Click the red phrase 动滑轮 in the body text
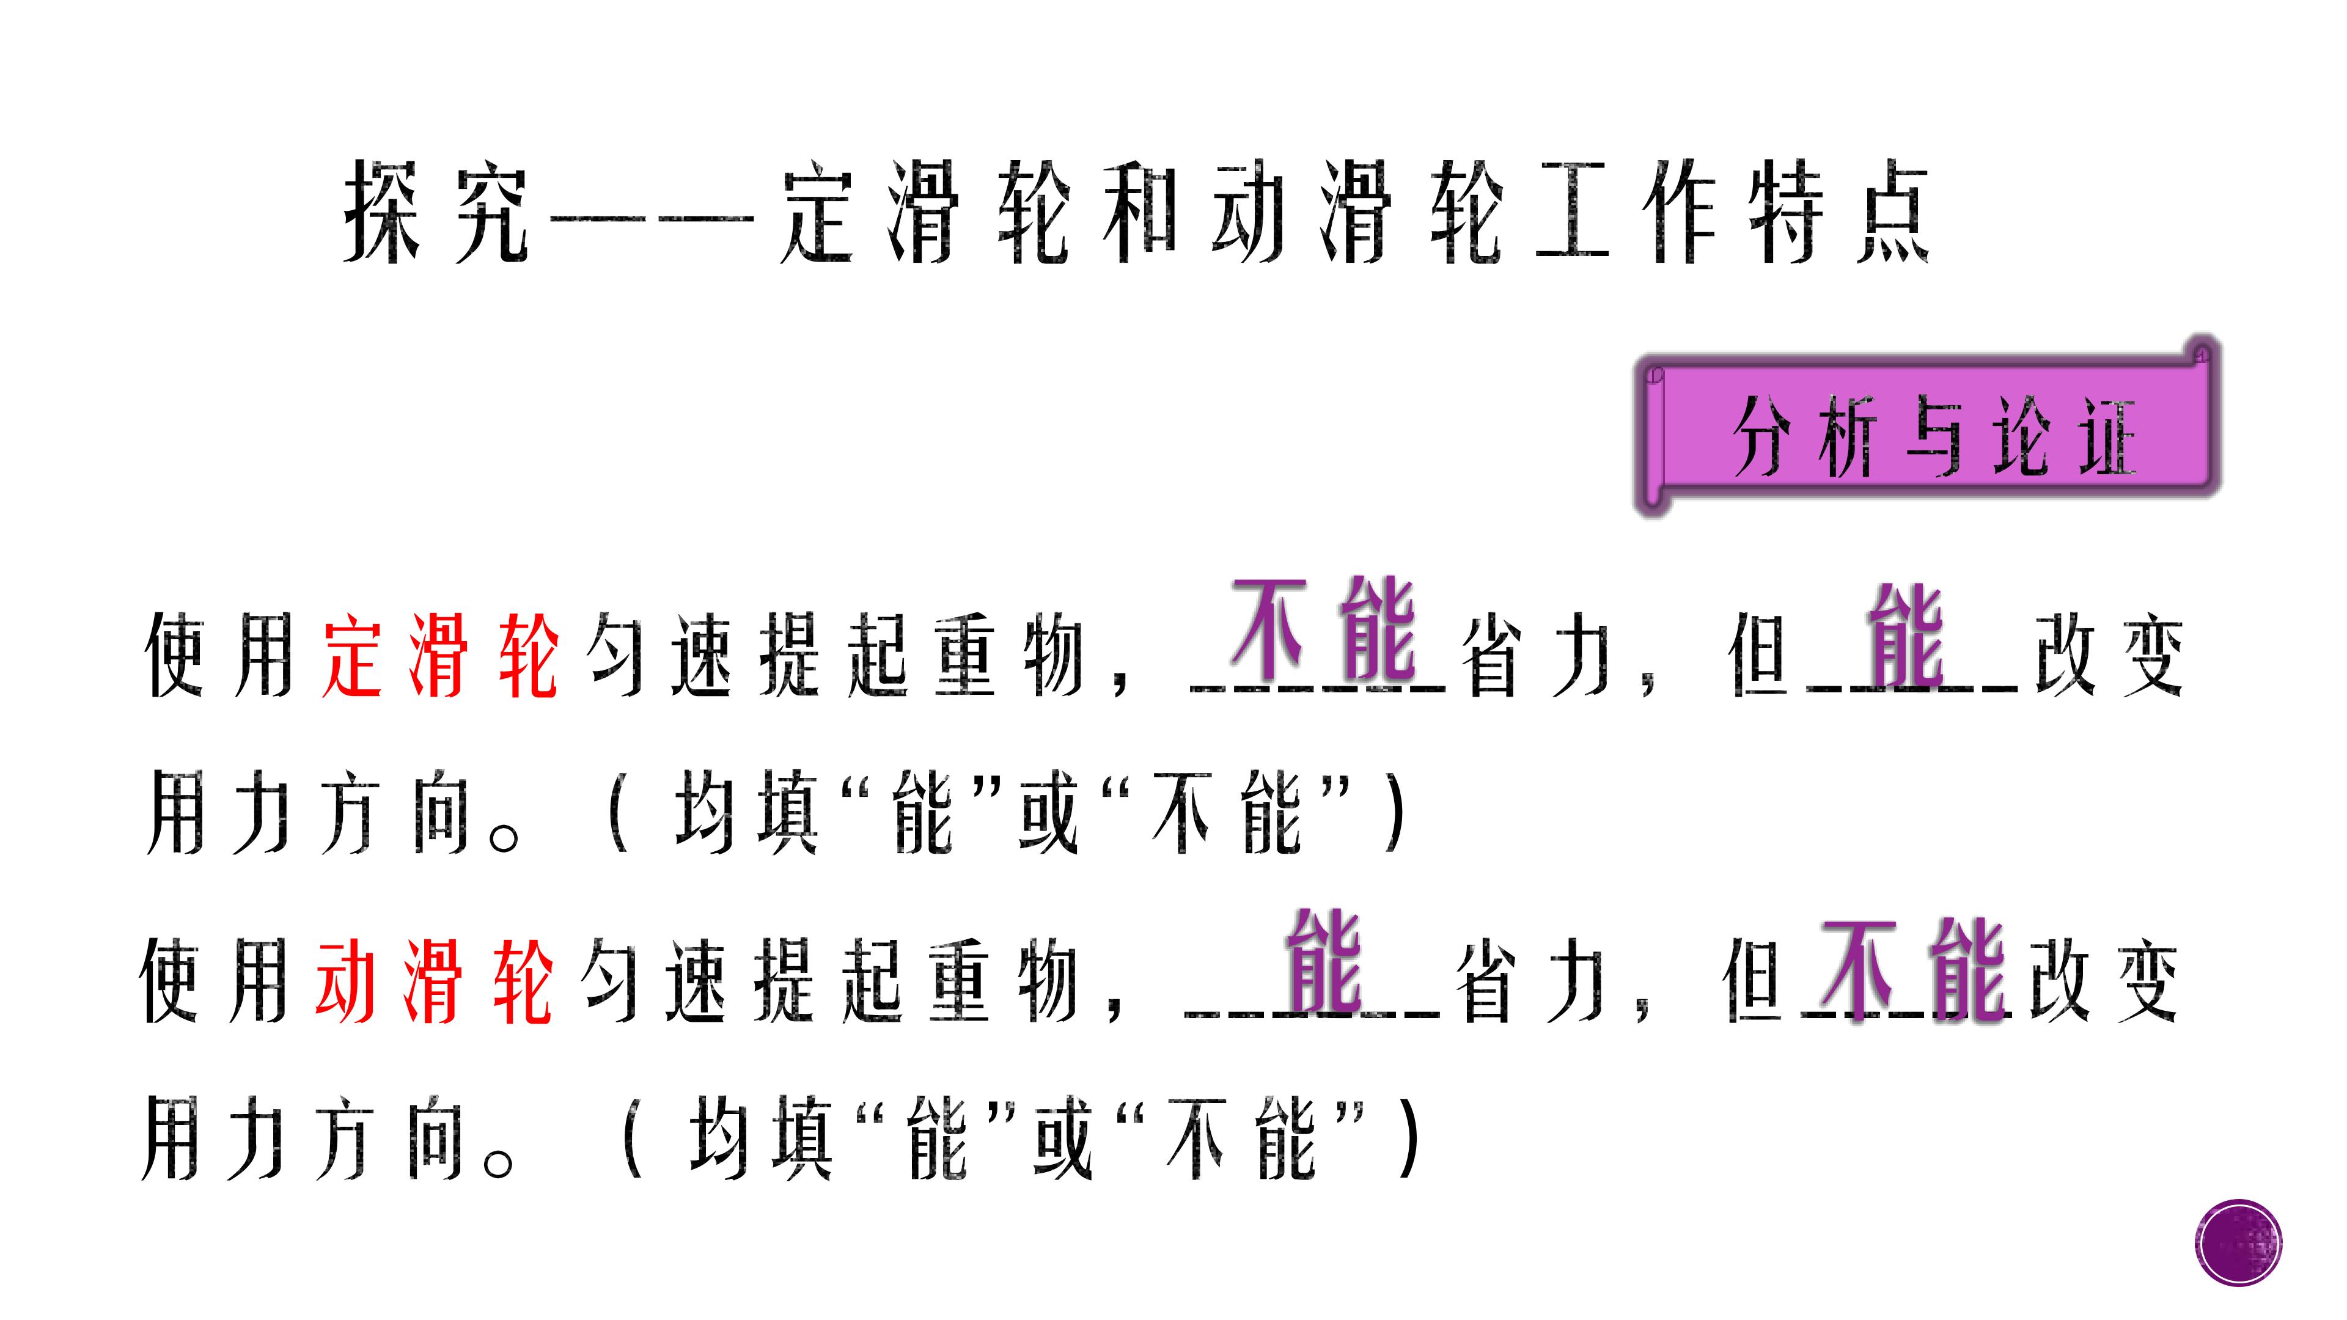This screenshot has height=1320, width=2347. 434,981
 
